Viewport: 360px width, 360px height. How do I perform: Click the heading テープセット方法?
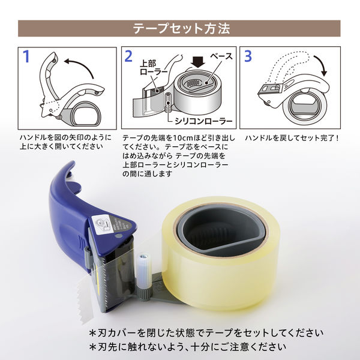click(x=180, y=28)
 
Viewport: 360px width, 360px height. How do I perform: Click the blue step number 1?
click(x=26, y=57)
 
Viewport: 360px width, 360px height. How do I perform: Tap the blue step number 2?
click(x=128, y=57)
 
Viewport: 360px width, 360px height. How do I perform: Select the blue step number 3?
click(x=248, y=57)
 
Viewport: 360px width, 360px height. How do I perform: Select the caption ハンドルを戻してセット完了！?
click(x=301, y=138)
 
